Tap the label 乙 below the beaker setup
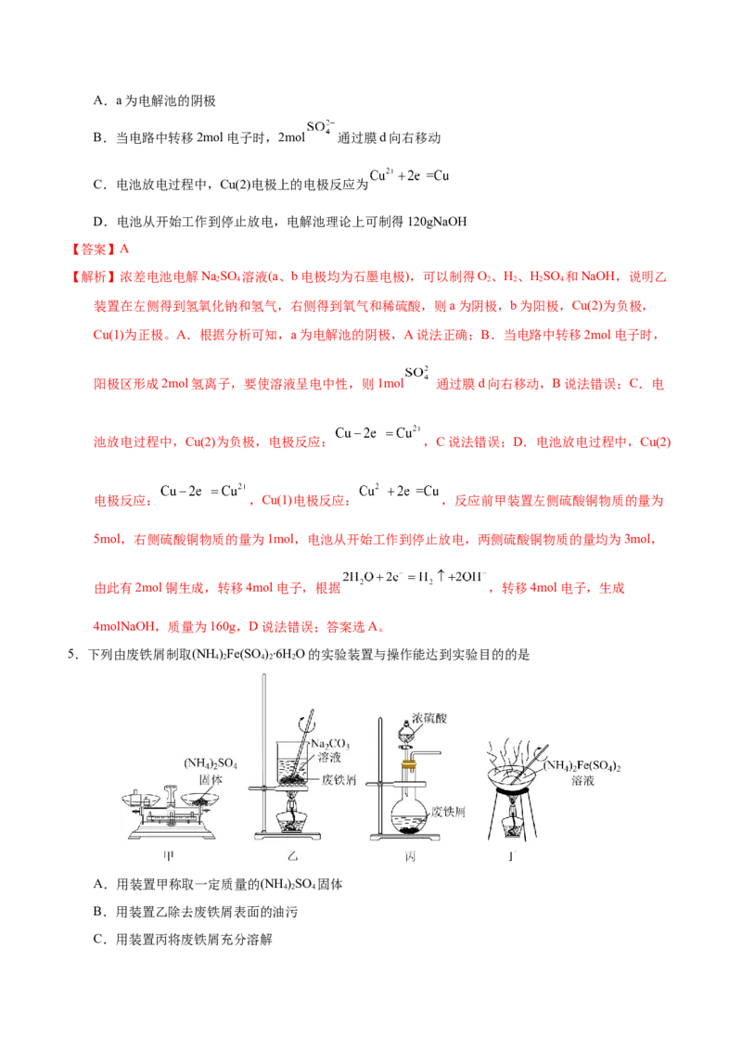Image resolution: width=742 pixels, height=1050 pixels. pos(294,855)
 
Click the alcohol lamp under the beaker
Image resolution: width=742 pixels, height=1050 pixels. pos(294,821)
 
